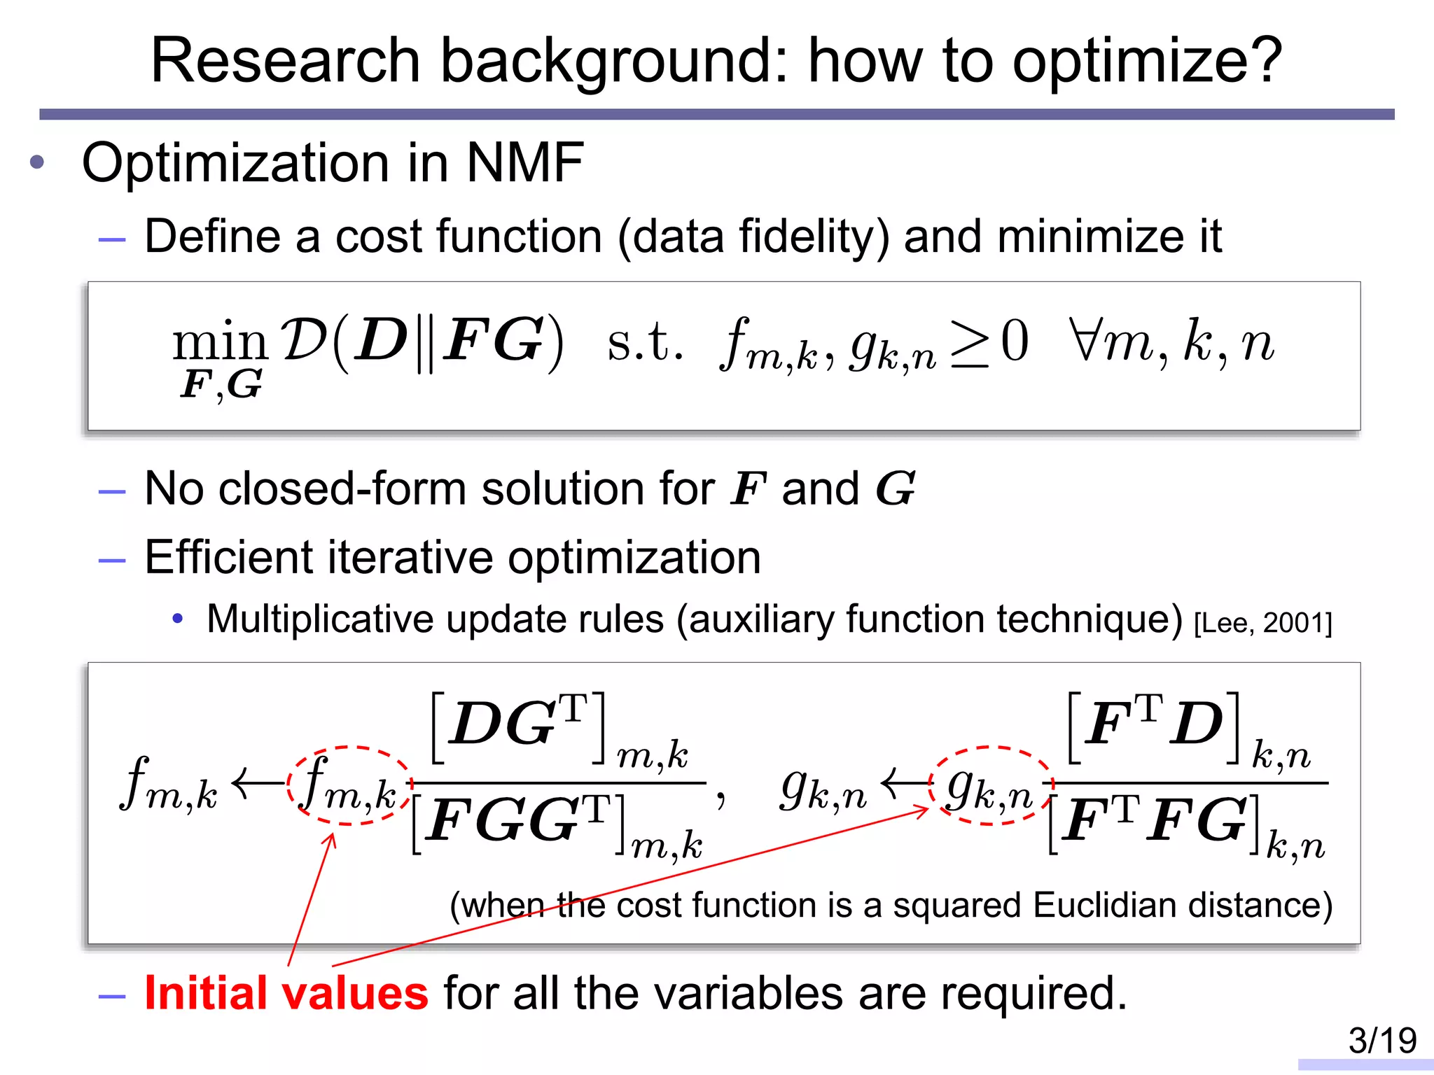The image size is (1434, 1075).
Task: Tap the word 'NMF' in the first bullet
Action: click(524, 163)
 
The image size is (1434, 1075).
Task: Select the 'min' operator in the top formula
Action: click(220, 342)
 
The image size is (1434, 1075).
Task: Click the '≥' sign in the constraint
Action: click(969, 343)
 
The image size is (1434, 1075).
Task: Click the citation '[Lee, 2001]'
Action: click(1262, 623)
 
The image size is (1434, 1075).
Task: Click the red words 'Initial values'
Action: click(286, 993)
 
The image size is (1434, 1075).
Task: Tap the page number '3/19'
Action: click(1382, 1040)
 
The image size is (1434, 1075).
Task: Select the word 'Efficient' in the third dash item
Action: click(228, 558)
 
